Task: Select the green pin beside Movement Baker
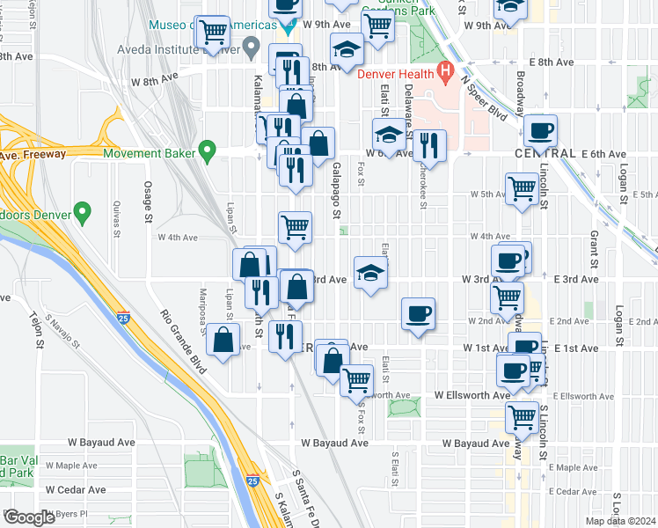click(x=208, y=152)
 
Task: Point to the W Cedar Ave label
click(x=77, y=489)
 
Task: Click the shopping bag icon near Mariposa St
click(x=224, y=338)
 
